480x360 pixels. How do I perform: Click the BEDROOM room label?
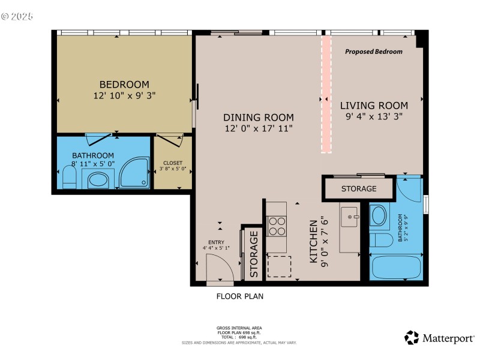click(x=124, y=85)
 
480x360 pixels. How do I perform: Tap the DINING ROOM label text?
click(x=259, y=118)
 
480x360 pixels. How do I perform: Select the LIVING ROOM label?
click(x=376, y=106)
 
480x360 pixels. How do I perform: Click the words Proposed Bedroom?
click(x=373, y=52)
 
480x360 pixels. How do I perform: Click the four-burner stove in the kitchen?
click(x=276, y=226)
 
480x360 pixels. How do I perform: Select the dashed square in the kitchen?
click(x=278, y=266)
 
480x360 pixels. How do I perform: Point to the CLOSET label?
click(x=173, y=163)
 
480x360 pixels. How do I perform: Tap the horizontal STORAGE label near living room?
click(x=359, y=188)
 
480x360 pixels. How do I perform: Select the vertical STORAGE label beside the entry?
click(x=253, y=254)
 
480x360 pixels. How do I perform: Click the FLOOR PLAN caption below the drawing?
click(x=239, y=296)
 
